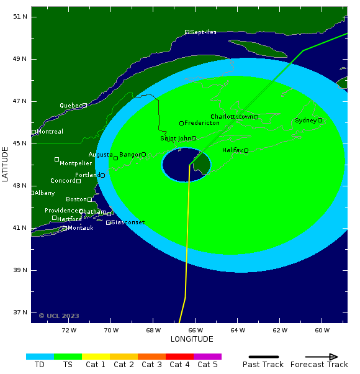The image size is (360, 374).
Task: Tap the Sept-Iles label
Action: coord(203,32)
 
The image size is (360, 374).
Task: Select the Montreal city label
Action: coord(50,132)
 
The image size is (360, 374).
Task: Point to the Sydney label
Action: coord(305,121)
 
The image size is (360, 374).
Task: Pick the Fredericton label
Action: coord(202,123)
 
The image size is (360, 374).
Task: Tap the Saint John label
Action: coord(176,139)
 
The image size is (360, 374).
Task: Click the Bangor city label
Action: coord(130,154)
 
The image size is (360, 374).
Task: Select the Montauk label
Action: coord(80,228)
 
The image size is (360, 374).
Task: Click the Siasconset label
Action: coord(128,222)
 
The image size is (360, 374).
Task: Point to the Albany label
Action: coord(45,193)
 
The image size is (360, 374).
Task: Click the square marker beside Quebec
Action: coord(84,106)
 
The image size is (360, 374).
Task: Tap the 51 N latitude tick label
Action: coord(20,17)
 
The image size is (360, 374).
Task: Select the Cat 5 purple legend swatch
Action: coord(207,357)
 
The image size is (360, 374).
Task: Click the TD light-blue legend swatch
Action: coord(40,357)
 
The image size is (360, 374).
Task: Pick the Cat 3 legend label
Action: coord(151,365)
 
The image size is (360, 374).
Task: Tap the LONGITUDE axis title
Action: coord(192,339)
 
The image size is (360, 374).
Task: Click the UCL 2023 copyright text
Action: coord(59,316)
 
